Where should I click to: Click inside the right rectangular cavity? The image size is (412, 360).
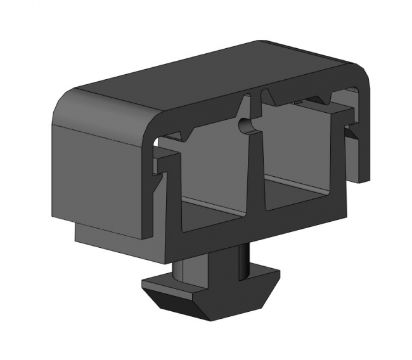pos(298,152)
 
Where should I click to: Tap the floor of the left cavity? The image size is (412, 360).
pos(212,208)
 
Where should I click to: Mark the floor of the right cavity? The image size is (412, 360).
pos(298,193)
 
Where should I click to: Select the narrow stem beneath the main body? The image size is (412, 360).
pos(209,263)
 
